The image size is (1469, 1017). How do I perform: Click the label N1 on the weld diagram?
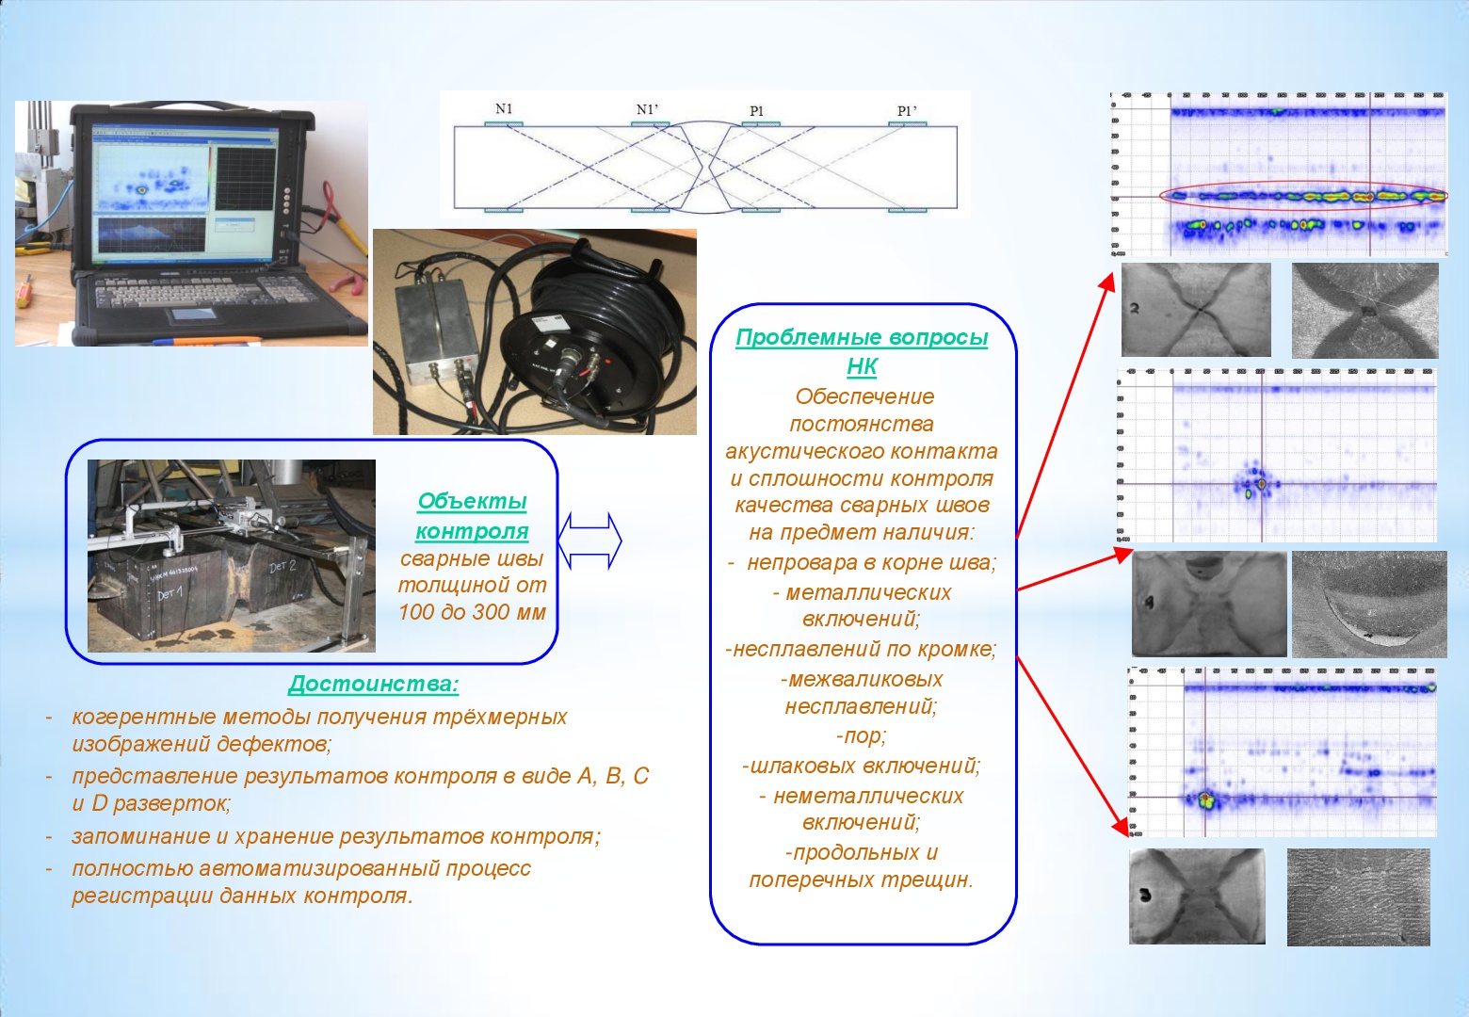504,109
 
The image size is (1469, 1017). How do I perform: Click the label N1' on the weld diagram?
647,110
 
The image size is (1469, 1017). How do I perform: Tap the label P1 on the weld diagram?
756,111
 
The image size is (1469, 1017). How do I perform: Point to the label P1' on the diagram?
906,111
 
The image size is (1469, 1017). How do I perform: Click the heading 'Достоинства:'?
373,685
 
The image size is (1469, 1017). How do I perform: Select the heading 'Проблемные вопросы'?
862,337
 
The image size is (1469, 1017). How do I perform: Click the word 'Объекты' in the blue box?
472,501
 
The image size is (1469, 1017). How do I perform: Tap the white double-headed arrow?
589,541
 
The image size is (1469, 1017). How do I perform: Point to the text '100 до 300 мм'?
472,612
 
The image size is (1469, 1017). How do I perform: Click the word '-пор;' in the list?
861,735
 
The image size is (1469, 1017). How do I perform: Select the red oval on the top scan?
1304,197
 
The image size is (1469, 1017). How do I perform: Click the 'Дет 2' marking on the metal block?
282,567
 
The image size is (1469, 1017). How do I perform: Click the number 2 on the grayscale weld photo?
1136,308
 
